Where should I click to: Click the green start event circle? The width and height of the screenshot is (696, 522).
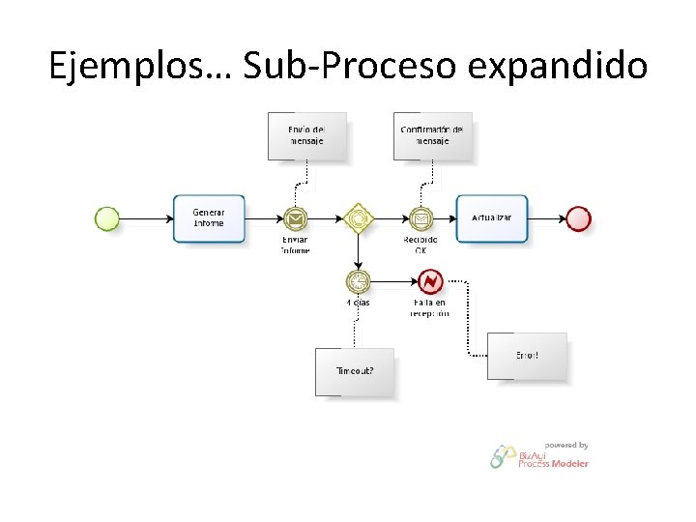pyautogui.click(x=107, y=218)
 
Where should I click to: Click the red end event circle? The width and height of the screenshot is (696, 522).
pyautogui.click(x=578, y=218)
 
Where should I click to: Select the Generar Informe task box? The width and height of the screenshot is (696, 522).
pyautogui.click(x=209, y=218)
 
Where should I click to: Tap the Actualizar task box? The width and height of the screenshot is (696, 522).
pyautogui.click(x=492, y=218)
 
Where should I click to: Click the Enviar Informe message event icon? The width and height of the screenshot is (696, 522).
pyautogui.click(x=296, y=219)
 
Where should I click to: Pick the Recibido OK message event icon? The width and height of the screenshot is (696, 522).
pyautogui.click(x=420, y=219)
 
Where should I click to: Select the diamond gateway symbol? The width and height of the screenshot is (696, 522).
pyautogui.click(x=358, y=219)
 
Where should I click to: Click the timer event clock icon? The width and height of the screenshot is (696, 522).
pyautogui.click(x=358, y=281)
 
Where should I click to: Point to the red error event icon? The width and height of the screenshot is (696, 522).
pyautogui.click(x=429, y=281)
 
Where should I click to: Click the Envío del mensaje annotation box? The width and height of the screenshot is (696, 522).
pyautogui.click(x=305, y=136)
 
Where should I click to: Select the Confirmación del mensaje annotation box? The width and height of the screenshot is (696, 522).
pyautogui.click(x=432, y=136)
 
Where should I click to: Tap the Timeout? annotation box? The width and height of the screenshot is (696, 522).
pyautogui.click(x=355, y=371)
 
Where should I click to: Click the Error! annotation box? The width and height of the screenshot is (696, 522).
pyautogui.click(x=527, y=357)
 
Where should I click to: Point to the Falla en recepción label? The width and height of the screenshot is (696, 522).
pyautogui.click(x=429, y=307)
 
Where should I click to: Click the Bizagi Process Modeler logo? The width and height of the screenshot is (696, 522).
pyautogui.click(x=539, y=458)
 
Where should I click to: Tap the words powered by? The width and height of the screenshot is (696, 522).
pyautogui.click(x=566, y=445)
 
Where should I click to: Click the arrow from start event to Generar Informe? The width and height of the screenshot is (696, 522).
pyautogui.click(x=146, y=218)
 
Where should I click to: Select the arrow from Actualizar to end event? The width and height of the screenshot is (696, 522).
pyautogui.click(x=547, y=218)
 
